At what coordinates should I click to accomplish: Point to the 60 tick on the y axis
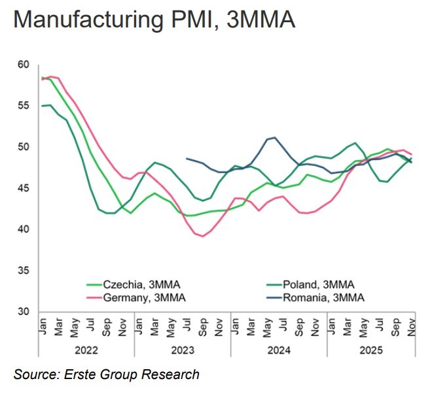pyautogui.click(x=24, y=65)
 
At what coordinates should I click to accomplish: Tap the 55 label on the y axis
pyautogui.click(x=24, y=106)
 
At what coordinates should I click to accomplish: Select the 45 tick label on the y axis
pyautogui.click(x=24, y=188)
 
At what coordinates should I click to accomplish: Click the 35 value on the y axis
pyautogui.click(x=24, y=271)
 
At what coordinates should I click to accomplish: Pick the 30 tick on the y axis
pyautogui.click(x=24, y=312)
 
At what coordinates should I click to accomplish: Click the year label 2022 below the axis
pyautogui.click(x=86, y=350)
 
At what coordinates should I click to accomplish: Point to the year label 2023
pyautogui.click(x=183, y=350)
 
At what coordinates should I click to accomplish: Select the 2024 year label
pyautogui.click(x=279, y=350)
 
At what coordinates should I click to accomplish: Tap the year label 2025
pyautogui.click(x=371, y=350)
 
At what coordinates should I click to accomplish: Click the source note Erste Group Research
pyautogui.click(x=107, y=374)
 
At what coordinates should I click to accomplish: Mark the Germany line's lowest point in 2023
pyautogui.click(x=203, y=236)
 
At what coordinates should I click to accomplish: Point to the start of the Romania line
pyautogui.click(x=187, y=158)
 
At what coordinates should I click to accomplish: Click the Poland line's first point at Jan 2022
pyautogui.click(x=42, y=106)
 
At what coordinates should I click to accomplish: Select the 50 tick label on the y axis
pyautogui.click(x=24, y=147)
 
